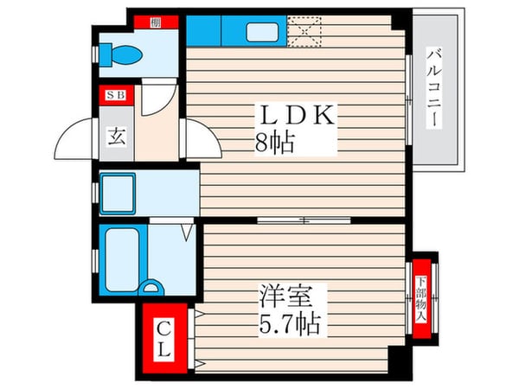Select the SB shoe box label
click(x=115, y=97)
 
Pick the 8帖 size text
click(x=274, y=143)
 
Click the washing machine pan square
click(x=116, y=192)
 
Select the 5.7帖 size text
click(x=289, y=325)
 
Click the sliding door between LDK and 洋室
click(x=303, y=220)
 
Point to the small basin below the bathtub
click(x=153, y=288)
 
